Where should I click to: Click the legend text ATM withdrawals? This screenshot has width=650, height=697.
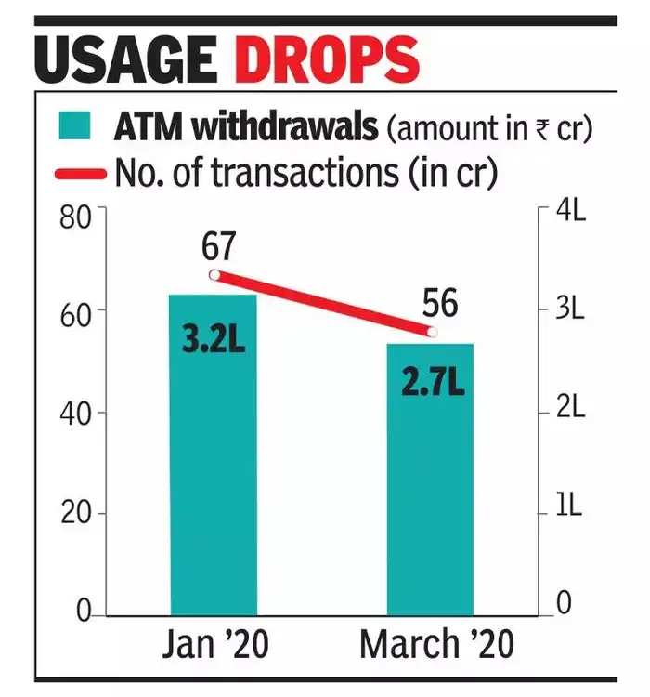[x=246, y=126]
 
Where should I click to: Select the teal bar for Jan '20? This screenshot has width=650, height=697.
[x=212, y=465]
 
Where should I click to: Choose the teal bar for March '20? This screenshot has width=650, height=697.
[x=430, y=483]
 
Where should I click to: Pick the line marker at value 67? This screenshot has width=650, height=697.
[x=214, y=274]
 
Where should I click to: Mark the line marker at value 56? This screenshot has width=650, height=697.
[x=430, y=332]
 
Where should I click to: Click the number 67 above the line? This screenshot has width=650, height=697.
[x=217, y=246]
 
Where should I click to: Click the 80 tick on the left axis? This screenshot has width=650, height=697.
[x=74, y=219]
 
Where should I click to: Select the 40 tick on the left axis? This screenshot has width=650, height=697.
[x=74, y=414]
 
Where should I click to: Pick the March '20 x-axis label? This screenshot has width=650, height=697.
[x=435, y=644]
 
